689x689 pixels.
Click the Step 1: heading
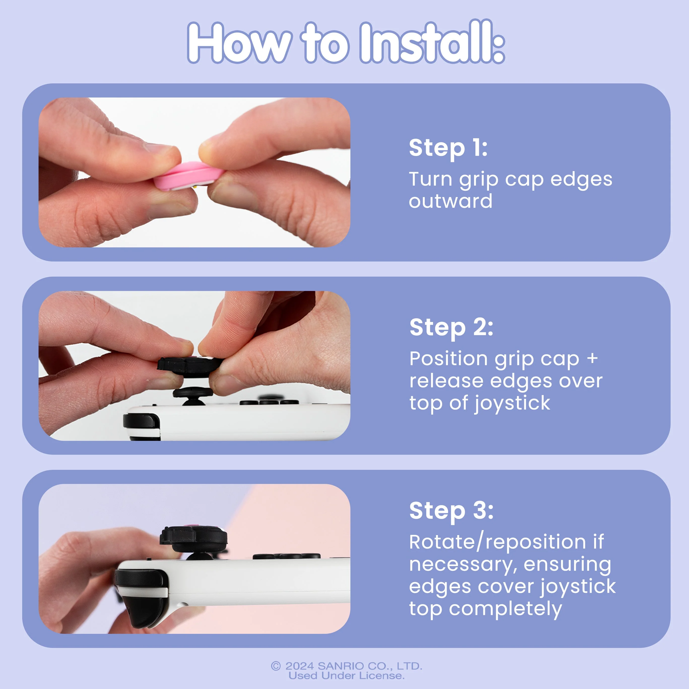point(448,148)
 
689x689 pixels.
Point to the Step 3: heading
point(451,510)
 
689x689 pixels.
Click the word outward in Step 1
point(450,201)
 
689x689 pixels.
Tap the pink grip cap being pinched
point(187,176)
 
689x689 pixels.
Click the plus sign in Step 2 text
point(592,358)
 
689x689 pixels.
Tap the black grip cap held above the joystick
point(190,366)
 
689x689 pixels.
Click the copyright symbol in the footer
point(276,666)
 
